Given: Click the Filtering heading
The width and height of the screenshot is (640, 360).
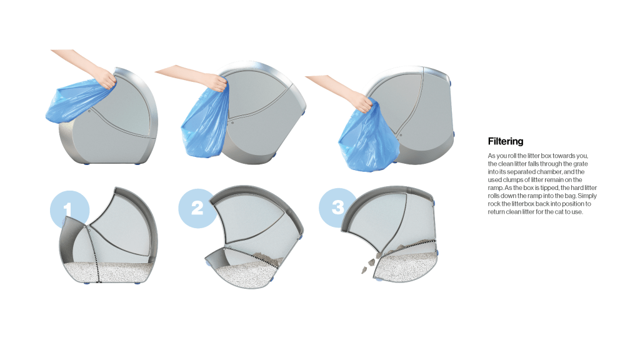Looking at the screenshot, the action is (x=505, y=141).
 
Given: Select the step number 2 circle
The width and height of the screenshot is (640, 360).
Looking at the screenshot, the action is (x=197, y=208).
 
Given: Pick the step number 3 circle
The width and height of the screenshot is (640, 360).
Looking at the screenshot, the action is (x=338, y=207).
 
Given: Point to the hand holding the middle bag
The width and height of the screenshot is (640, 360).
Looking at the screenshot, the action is (x=216, y=82).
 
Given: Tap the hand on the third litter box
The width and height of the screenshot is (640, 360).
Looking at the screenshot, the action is (x=363, y=102).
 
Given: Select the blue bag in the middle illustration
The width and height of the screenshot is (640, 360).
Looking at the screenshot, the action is (x=204, y=122).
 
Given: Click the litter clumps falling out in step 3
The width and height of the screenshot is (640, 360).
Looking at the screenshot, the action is (x=369, y=265).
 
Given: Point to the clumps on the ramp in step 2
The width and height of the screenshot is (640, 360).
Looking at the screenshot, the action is (x=267, y=258).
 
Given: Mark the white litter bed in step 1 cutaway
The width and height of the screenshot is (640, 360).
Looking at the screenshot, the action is (x=110, y=271).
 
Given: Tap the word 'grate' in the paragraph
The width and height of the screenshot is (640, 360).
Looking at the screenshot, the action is (x=581, y=164).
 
